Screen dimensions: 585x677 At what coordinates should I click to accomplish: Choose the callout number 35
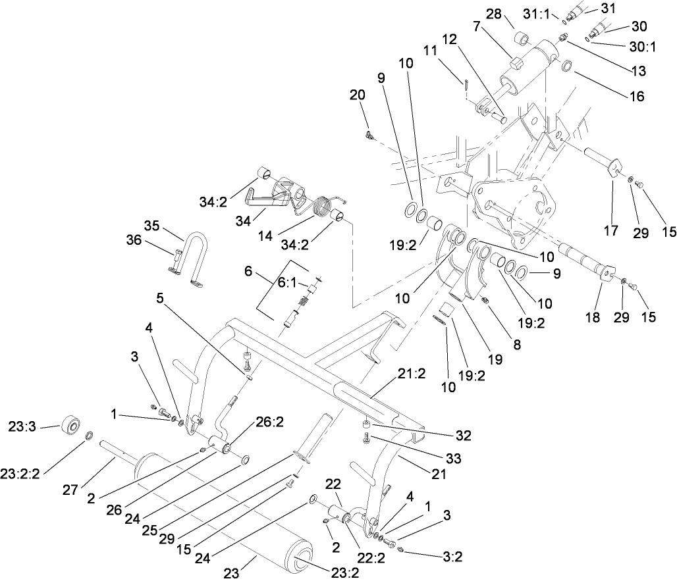pos(152,226)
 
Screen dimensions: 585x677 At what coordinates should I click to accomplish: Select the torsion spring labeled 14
pos(321,209)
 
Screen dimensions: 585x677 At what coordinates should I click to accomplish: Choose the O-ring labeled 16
pos(566,65)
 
